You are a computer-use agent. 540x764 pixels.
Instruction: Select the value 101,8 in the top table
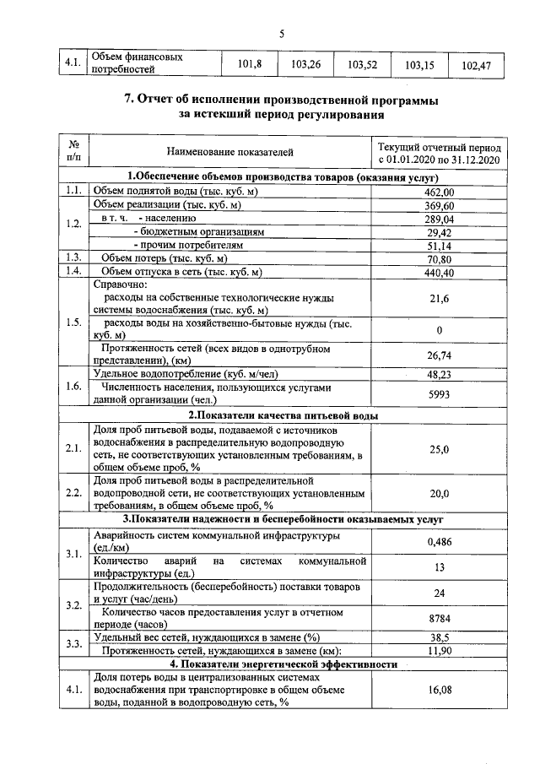click(x=250, y=64)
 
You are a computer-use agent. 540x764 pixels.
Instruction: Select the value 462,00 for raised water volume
click(x=439, y=192)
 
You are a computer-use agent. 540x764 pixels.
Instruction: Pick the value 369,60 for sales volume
click(x=439, y=205)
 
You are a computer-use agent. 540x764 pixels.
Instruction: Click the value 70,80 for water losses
click(x=439, y=258)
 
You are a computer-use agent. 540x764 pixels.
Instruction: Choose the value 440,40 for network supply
click(x=439, y=272)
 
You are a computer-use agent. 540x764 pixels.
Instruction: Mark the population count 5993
click(x=439, y=394)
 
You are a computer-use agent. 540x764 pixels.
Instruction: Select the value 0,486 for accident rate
click(x=439, y=541)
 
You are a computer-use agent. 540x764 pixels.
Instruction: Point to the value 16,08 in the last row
click(x=439, y=691)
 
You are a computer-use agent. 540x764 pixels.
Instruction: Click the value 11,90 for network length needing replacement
click(x=439, y=651)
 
